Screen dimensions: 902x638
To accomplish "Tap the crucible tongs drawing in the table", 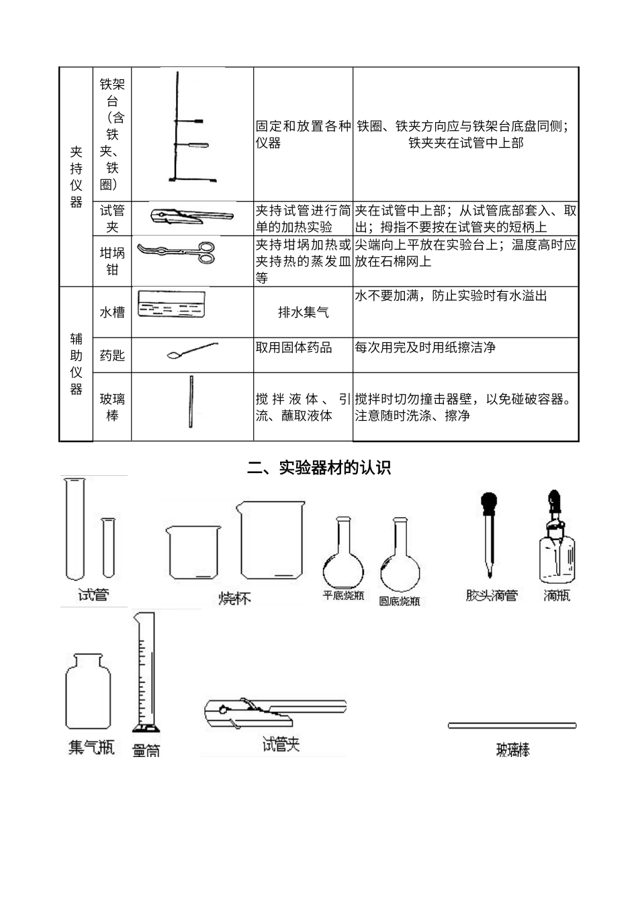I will tap(176, 252).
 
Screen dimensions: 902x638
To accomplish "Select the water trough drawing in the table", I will tap(171, 303).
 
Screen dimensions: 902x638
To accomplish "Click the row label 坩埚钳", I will tap(112, 261).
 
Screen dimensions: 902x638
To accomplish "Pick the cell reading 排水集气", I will tap(303, 312).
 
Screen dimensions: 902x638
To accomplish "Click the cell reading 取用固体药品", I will tap(293, 348).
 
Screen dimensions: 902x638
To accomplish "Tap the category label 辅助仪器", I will tap(76, 364).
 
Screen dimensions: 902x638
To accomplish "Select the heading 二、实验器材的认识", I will tap(319, 468).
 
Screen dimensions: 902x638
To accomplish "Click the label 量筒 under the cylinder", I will tap(146, 750).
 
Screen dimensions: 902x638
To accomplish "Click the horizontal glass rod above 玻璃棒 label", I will tap(512, 725).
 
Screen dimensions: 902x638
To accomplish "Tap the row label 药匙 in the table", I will tap(112, 355).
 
